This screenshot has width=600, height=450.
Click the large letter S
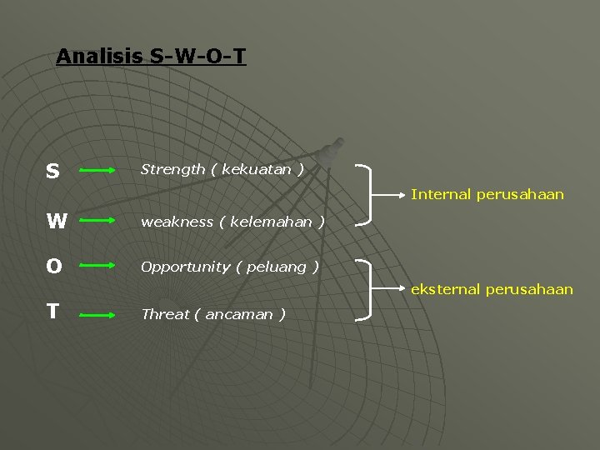coord(52,172)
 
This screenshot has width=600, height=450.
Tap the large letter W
coord(57,222)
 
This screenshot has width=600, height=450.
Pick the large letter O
coord(54,267)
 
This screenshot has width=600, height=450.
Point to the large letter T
coord(52,312)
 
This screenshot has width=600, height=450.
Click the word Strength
coord(172,170)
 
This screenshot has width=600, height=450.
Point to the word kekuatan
coord(257,170)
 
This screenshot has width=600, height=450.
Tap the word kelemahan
coord(272,222)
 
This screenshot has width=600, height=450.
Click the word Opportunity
coord(185,267)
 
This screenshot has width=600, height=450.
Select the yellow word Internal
coord(441,194)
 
